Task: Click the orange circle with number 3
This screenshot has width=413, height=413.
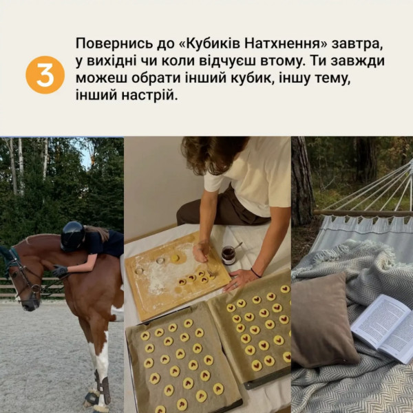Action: pos(45,75)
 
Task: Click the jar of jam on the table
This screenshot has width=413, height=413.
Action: pos(228,255)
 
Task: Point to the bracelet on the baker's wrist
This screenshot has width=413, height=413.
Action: pos(255,273)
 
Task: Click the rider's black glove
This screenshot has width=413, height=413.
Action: pos(61,271)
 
